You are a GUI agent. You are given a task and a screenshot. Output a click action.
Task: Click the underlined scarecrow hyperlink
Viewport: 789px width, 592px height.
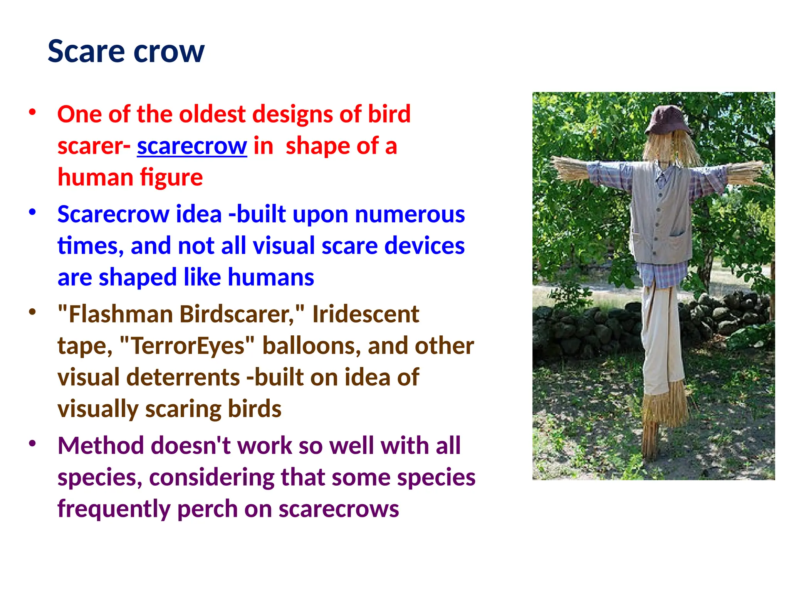pyautogui.click(x=192, y=146)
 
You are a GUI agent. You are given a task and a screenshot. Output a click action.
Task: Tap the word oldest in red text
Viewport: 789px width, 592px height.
pyautogui.click(x=212, y=114)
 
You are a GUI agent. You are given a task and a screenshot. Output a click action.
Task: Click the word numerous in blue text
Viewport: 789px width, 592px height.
pyautogui.click(x=410, y=214)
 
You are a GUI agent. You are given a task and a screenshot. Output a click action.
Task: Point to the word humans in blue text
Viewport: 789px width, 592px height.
pyautogui.click(x=271, y=277)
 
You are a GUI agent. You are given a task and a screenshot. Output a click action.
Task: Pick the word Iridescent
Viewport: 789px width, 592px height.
pyautogui.click(x=365, y=314)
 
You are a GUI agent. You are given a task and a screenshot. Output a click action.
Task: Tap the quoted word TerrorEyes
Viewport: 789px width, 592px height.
pyautogui.click(x=187, y=346)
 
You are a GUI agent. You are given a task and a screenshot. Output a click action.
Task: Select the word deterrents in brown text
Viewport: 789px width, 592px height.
pyautogui.click(x=183, y=377)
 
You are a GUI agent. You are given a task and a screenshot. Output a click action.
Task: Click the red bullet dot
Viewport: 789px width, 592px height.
pyautogui.click(x=32, y=113)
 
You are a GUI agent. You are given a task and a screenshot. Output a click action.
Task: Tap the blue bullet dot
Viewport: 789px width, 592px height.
pyautogui.click(x=32, y=212)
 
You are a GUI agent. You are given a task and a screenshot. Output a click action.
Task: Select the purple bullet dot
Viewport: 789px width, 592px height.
pyautogui.click(x=32, y=444)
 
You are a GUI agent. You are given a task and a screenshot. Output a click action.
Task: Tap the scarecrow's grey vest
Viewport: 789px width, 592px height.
pyautogui.click(x=660, y=216)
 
